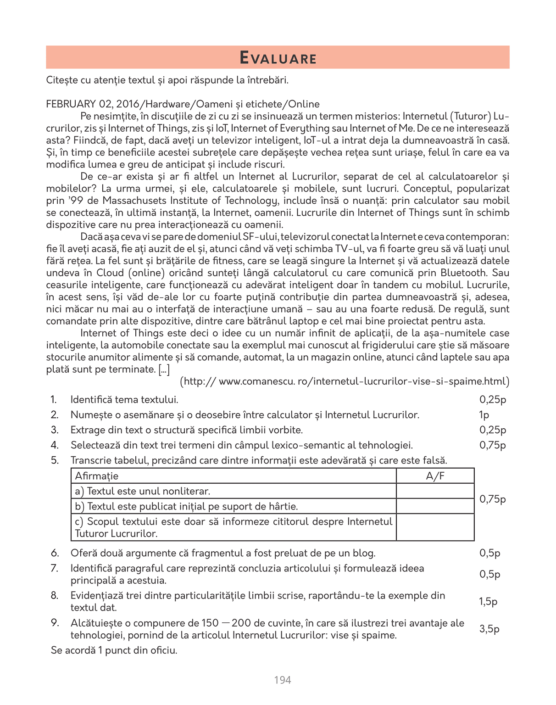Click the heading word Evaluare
(278, 58)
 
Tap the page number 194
(282, 680)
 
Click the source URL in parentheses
(345, 381)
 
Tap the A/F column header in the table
(435, 476)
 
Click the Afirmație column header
(97, 476)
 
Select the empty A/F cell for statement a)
(435, 491)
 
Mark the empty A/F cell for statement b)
(435, 506)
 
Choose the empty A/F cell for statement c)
(435, 527)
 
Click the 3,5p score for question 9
(489, 629)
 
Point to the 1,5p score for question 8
(488, 602)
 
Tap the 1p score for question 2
(484, 415)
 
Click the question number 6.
(55, 553)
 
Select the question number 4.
(55, 445)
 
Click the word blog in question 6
(366, 553)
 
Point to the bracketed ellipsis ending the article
(164, 369)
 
